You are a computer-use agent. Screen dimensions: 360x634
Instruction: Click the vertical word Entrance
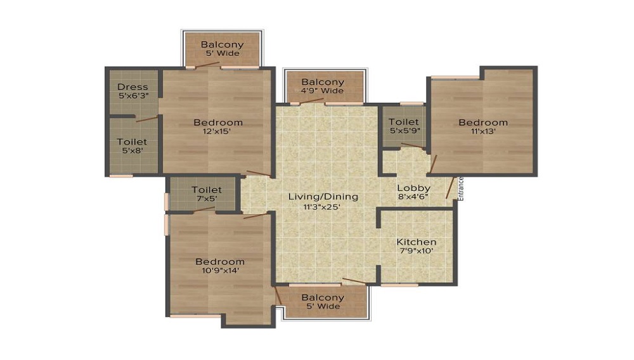(461, 189)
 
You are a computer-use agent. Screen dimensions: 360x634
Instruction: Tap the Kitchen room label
(417, 242)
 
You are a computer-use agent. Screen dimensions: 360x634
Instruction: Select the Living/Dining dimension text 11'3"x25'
(323, 207)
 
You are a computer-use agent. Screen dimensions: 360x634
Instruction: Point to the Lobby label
(413, 188)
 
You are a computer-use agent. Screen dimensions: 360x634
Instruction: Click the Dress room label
(133, 87)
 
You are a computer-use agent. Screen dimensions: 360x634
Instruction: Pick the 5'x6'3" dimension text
(133, 96)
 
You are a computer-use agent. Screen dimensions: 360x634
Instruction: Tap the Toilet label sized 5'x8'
(134, 142)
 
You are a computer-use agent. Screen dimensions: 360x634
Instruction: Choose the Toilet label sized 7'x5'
(207, 190)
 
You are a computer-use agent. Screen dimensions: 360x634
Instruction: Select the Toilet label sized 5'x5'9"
(403, 122)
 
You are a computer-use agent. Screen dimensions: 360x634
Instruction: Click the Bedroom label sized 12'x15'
(218, 122)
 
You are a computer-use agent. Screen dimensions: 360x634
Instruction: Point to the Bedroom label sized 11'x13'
(483, 122)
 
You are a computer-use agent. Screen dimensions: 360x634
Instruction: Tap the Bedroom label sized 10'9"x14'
(220, 261)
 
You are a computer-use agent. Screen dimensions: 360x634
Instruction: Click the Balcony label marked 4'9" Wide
(323, 82)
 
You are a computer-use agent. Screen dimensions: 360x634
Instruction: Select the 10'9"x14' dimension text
(220, 271)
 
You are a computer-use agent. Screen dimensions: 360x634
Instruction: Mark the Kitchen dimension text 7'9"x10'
(417, 252)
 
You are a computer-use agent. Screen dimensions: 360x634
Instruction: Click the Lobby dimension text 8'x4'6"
(413, 197)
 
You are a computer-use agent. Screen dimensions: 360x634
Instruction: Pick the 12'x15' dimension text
(218, 132)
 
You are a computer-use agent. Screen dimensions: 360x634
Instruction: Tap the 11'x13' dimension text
(483, 132)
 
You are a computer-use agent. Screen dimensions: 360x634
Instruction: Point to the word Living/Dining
(323, 196)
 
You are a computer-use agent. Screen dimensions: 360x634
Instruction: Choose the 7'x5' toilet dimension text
(207, 199)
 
